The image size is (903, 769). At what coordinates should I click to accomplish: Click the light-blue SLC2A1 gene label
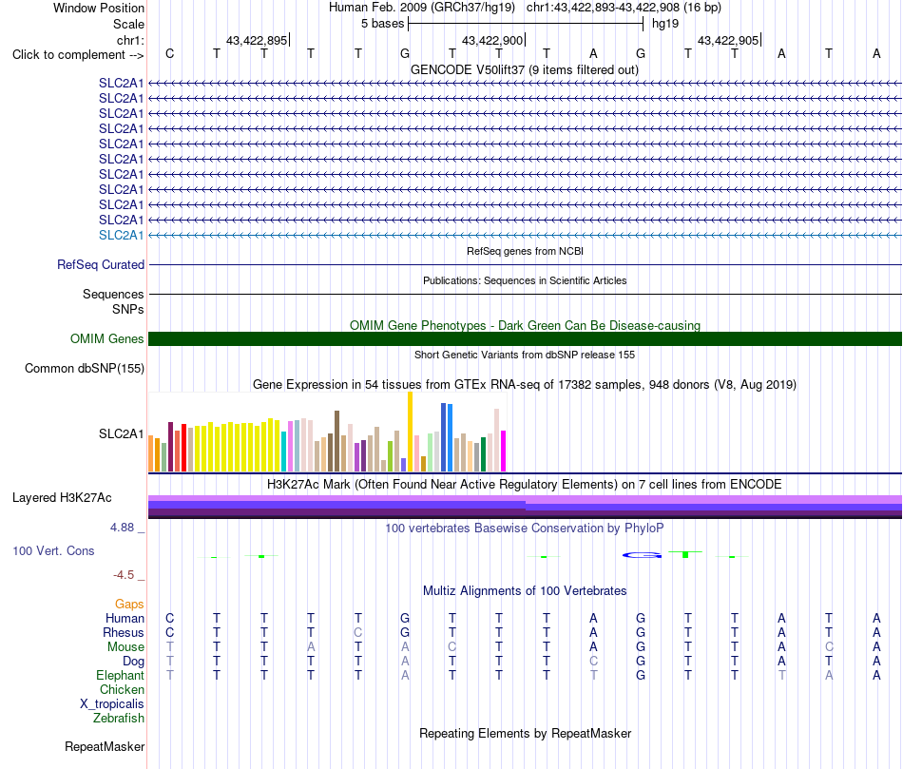(121, 235)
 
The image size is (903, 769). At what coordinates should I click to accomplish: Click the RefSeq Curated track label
(100, 264)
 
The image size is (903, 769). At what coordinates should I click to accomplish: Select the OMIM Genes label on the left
(106, 338)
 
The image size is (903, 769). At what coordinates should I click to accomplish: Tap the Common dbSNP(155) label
(84, 368)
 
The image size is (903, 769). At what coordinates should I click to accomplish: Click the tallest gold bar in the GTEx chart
(410, 432)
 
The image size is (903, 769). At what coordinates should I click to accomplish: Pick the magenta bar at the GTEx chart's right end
(504, 451)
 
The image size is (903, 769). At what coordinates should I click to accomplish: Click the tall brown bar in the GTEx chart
(336, 441)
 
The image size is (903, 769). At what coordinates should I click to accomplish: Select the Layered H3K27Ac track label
(62, 498)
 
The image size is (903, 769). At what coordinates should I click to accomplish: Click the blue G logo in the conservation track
(642, 555)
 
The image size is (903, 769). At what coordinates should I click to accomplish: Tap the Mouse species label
(125, 647)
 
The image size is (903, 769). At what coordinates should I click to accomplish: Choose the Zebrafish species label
(119, 718)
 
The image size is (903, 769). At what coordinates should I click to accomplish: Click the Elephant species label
(120, 675)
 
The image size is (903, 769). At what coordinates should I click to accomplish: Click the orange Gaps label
(129, 604)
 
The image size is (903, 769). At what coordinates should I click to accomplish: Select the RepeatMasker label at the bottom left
(105, 746)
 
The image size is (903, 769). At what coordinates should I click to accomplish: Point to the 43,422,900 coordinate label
(492, 40)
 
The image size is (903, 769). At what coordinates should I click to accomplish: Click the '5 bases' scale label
(382, 24)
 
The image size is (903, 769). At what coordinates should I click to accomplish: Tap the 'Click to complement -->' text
(78, 55)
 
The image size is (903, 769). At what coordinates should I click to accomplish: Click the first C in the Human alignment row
(169, 618)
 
